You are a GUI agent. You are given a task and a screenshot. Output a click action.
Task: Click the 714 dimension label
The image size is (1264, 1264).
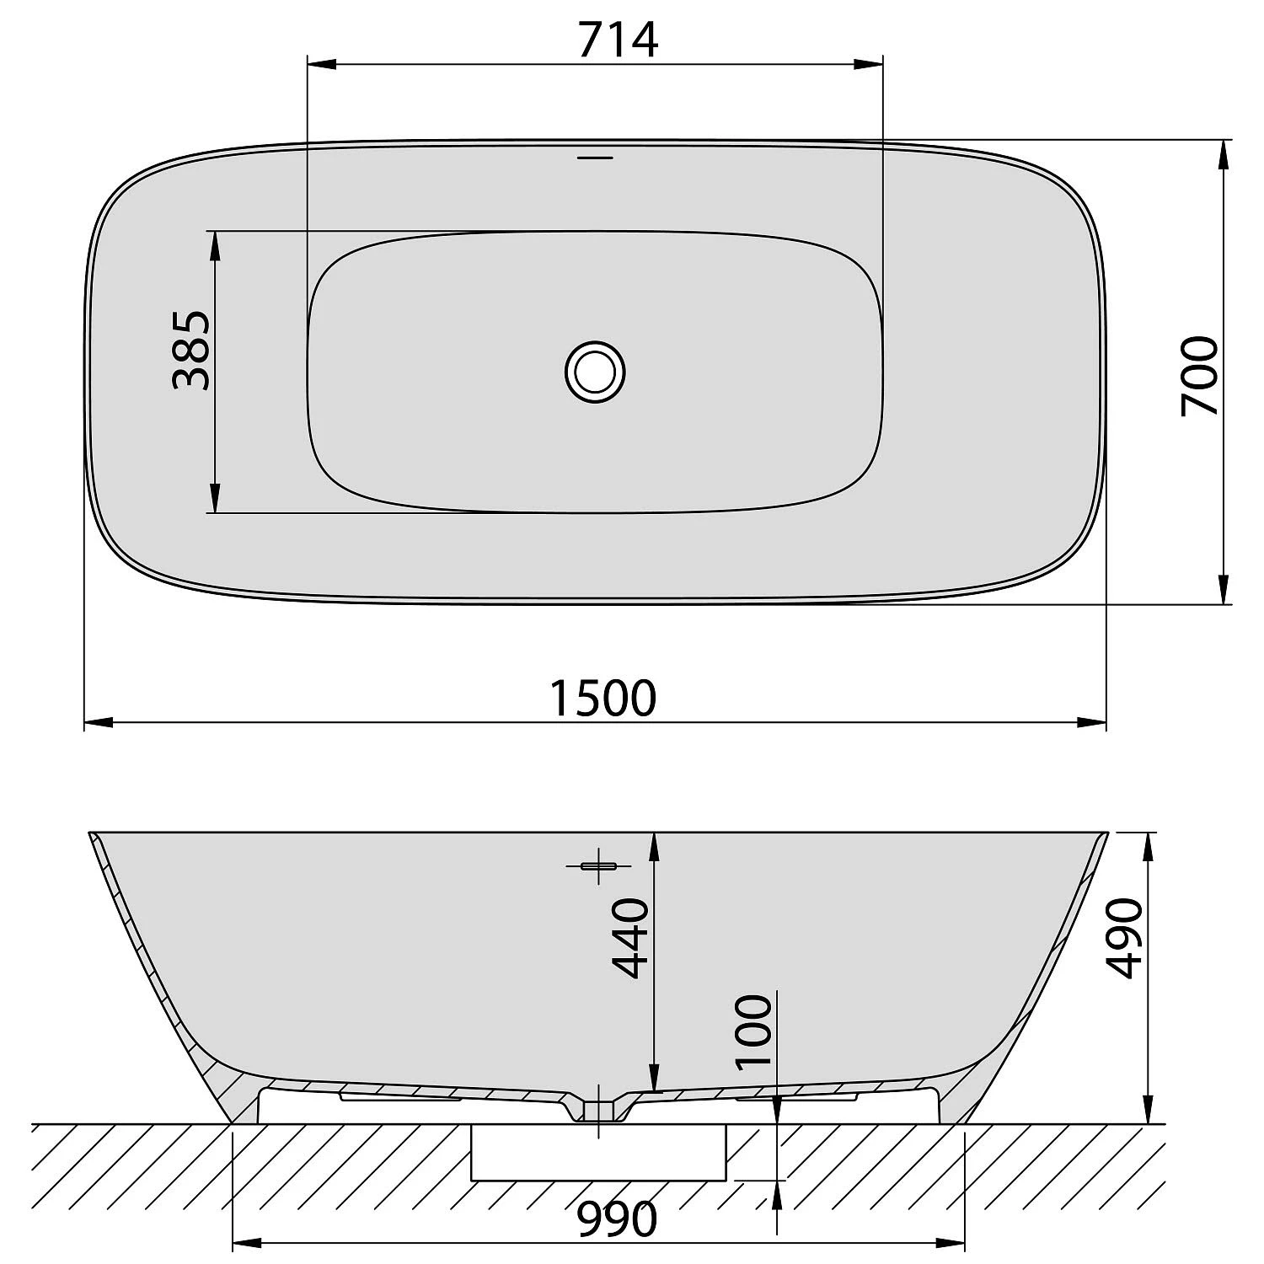click(x=618, y=40)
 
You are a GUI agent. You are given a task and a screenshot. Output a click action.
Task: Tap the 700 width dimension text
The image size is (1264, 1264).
click(x=1199, y=375)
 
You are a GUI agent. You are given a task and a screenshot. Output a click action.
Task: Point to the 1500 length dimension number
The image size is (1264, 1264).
click(x=602, y=698)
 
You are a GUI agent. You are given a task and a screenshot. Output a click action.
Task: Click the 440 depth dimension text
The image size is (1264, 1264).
click(x=630, y=938)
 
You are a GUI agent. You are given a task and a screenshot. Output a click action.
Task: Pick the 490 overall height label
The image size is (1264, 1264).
click(x=1124, y=938)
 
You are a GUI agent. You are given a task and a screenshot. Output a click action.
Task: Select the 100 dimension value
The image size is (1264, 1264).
click(x=753, y=1031)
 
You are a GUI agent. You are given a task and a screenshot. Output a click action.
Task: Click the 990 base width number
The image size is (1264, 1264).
click(x=617, y=1218)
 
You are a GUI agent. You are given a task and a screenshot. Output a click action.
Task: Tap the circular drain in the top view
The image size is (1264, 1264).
click(x=595, y=372)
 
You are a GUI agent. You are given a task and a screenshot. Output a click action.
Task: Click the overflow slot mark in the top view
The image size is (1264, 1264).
click(x=595, y=158)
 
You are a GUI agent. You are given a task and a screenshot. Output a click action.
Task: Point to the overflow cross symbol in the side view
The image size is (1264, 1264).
click(x=598, y=865)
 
